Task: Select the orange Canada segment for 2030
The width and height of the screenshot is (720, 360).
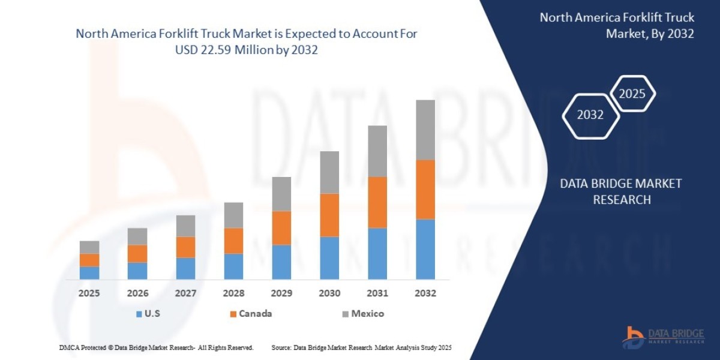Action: point(329,215)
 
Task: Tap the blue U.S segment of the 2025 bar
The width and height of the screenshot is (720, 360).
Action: point(89,272)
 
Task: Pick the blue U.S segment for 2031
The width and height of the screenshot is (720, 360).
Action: point(377,253)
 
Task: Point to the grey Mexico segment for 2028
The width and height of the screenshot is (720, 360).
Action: point(233,215)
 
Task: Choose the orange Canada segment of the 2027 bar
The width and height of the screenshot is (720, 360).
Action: point(185,247)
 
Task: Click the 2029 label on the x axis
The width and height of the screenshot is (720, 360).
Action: point(281,293)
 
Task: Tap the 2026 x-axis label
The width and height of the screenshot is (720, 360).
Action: point(137,293)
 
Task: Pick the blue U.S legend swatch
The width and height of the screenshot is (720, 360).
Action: point(139,314)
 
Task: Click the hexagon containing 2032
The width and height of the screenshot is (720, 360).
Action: point(590,115)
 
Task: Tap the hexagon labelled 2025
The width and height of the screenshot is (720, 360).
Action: point(632,94)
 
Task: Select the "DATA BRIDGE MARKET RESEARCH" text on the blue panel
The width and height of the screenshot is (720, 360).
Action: point(622,191)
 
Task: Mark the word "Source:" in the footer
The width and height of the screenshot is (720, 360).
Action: point(281,347)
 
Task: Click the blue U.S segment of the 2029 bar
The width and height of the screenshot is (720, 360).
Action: point(281,262)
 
